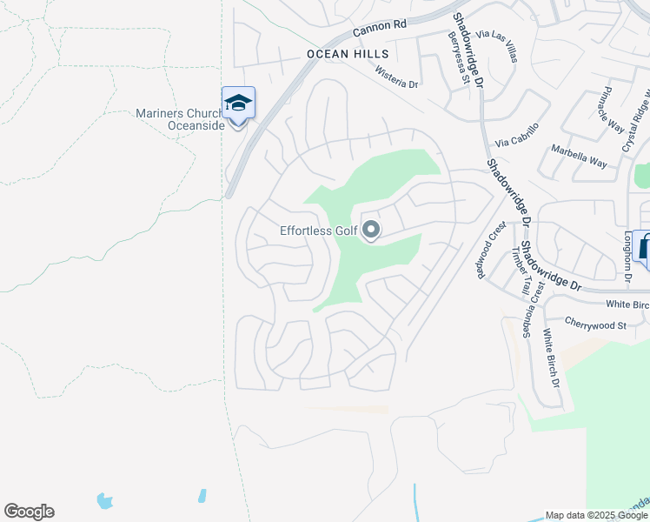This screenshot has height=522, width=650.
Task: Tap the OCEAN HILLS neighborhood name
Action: tap(345, 53)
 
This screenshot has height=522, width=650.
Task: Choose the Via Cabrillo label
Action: tap(517, 134)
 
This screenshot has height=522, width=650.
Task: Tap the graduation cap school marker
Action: tap(237, 104)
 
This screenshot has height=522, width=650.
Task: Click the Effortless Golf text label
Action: tap(318, 231)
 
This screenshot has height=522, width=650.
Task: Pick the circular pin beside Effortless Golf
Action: tap(371, 231)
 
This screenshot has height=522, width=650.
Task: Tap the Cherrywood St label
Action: tap(595, 325)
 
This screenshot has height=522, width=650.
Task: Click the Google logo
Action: tap(29, 512)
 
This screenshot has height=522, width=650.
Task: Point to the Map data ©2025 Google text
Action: tap(595, 515)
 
